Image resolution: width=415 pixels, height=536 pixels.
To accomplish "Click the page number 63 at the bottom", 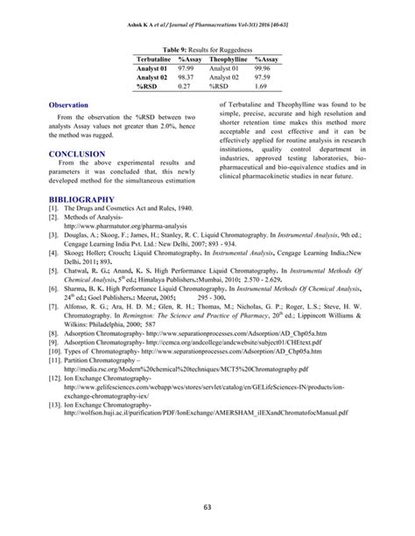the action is pyautogui.click(x=207, y=505).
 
